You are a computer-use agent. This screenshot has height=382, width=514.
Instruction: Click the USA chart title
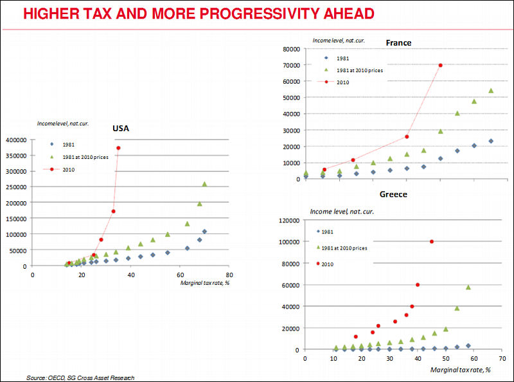point(121,129)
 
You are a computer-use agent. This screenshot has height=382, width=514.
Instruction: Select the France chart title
point(398,43)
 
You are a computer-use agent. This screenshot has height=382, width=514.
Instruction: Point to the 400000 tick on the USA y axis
point(15,140)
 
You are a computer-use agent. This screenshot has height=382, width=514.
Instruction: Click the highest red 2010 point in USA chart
point(118,148)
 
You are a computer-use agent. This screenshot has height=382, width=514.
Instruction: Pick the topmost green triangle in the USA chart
point(204,184)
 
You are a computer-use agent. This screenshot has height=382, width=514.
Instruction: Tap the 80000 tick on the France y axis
point(291,49)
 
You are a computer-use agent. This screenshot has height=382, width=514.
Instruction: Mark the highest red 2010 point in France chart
point(441,65)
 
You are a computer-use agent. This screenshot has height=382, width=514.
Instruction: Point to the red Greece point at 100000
point(431,241)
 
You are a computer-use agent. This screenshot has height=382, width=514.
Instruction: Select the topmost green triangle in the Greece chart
point(468,287)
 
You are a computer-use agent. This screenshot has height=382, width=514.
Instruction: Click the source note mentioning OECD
point(81,377)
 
